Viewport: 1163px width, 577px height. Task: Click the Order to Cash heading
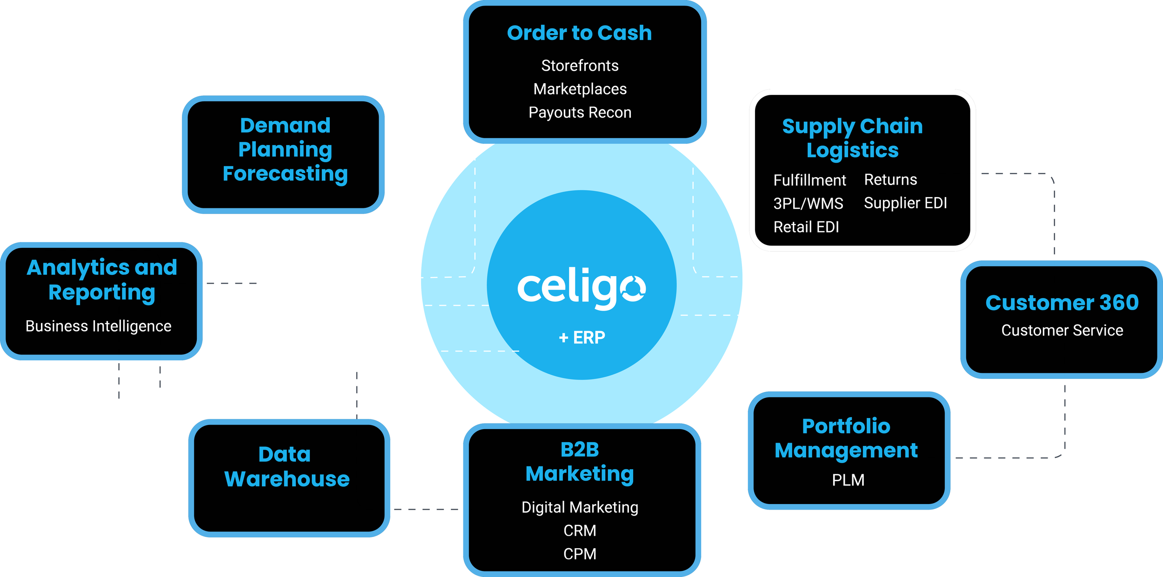[579, 33]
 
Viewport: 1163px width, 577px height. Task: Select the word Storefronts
[580, 66]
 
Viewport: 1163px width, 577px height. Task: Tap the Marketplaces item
[580, 89]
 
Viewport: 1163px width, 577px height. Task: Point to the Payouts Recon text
[580, 113]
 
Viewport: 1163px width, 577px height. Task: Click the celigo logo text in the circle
[581, 288]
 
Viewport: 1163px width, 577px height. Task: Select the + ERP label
[581, 337]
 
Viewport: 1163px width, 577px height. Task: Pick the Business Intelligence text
[98, 326]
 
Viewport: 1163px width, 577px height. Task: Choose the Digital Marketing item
[580, 507]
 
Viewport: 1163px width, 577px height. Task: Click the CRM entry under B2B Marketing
[580, 531]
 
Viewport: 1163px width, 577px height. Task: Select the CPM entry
[580, 554]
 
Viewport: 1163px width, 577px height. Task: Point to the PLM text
[848, 480]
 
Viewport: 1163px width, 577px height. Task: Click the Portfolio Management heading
[846, 438]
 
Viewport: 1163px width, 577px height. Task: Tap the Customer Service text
[1062, 330]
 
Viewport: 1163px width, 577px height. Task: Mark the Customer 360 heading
[1062, 303]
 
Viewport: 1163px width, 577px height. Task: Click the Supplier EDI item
[905, 203]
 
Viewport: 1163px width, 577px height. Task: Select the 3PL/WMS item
[808, 204]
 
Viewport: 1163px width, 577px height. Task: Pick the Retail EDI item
[806, 227]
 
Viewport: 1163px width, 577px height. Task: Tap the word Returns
[890, 179]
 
